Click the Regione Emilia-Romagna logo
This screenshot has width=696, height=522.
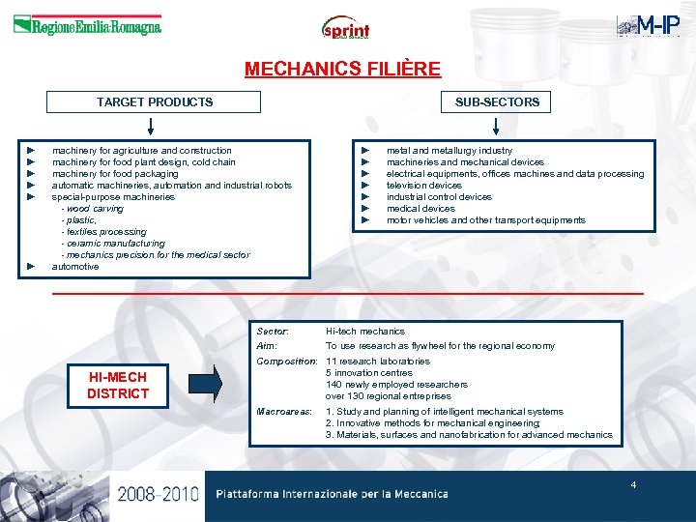tap(87, 26)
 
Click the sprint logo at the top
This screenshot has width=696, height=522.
tap(346, 28)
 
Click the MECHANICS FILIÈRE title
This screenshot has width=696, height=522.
tap(342, 70)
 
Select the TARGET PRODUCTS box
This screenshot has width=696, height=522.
tap(155, 101)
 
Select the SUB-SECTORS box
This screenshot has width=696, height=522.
tap(497, 101)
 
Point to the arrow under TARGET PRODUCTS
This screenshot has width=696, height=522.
tap(151, 127)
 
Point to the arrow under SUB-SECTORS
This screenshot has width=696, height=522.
tap(496, 127)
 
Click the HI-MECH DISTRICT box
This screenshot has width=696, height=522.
tap(118, 386)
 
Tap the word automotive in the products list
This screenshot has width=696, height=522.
tap(75, 267)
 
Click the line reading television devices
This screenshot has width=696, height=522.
tap(424, 186)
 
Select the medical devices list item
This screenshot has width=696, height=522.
tap(420, 209)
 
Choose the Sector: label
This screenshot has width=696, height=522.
tap(273, 332)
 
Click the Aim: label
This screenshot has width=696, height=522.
tap(267, 346)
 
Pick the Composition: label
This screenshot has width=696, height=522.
tap(287, 362)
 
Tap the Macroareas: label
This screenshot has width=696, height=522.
tap(284, 412)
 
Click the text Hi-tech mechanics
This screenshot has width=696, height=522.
tap(365, 332)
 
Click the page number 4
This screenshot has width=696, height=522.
tap(633, 484)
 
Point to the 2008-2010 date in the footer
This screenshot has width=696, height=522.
tap(159, 494)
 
